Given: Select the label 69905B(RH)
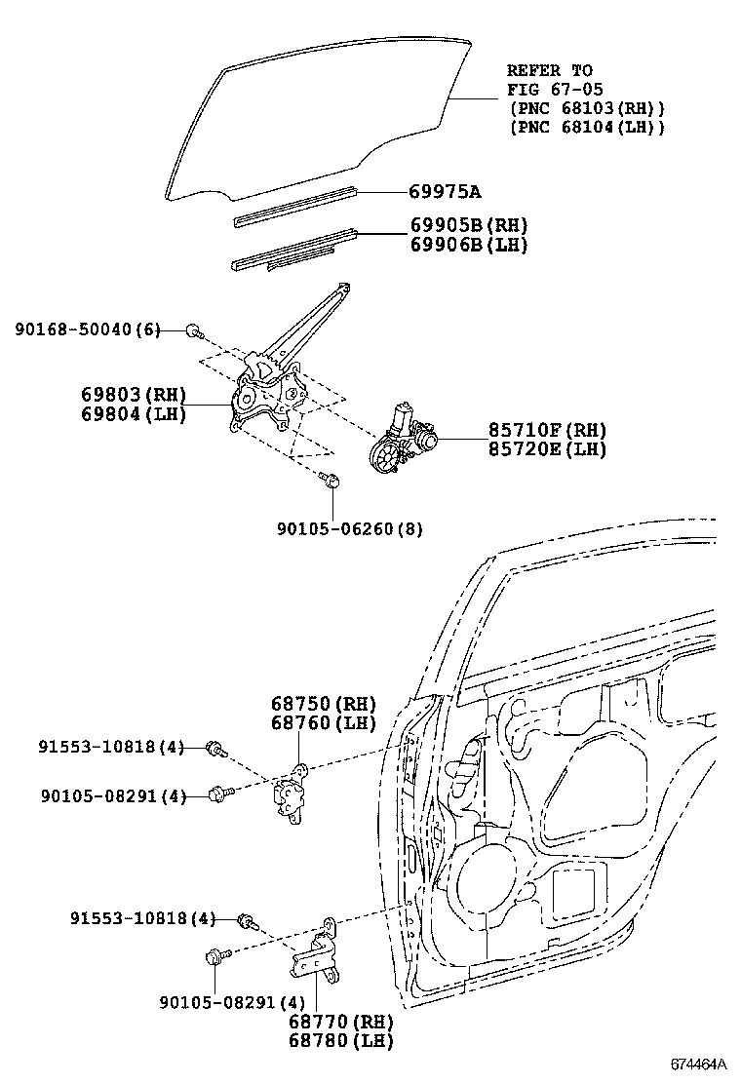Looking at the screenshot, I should point(468,226).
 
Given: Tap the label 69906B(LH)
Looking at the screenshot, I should point(468,245).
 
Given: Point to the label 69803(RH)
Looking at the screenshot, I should point(134,396).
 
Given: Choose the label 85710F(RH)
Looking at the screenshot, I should point(547,430).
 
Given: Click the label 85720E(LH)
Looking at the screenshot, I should point(547,448).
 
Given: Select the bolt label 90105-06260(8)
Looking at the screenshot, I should point(349,528).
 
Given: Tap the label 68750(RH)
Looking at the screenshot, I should point(322,704).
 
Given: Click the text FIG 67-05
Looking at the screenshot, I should point(548,89).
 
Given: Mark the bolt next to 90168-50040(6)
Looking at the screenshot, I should point(194,331).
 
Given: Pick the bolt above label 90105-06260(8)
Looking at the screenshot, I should point(330,478).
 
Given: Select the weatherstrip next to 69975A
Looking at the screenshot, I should point(292,206).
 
